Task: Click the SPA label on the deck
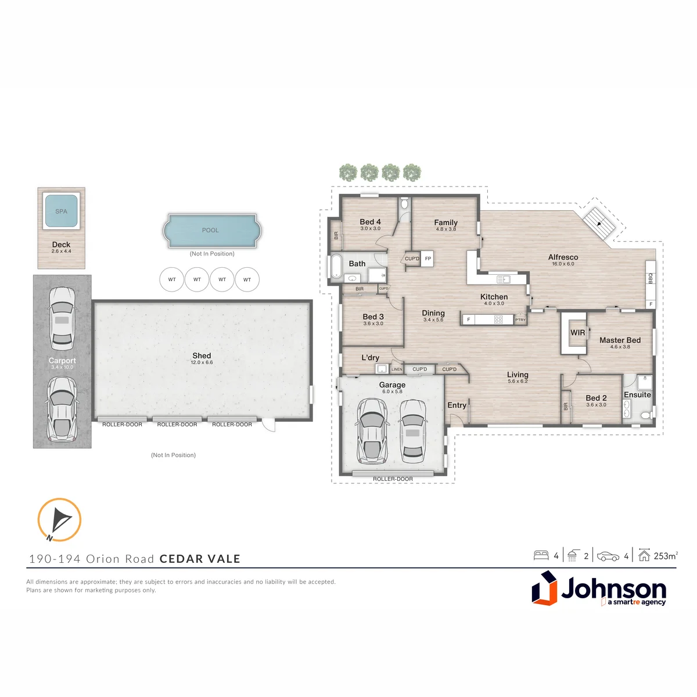coord(61,211)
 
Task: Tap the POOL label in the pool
coord(210,230)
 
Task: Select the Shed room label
coord(202,355)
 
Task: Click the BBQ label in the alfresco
coord(651,278)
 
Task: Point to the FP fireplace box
coord(428,258)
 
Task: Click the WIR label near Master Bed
coord(577,332)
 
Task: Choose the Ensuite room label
coord(637,394)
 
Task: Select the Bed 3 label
coord(373,317)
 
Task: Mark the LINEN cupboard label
coord(397,369)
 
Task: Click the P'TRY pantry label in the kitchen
coord(520,319)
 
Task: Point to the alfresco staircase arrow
coord(601,223)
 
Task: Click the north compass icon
coord(60,520)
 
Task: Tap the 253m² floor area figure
coord(666,556)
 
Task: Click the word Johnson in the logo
coord(613,588)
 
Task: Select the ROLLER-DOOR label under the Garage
coord(393,479)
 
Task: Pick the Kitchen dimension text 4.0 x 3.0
coord(494,303)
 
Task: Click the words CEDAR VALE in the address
coord(200,558)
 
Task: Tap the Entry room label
coord(457,405)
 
